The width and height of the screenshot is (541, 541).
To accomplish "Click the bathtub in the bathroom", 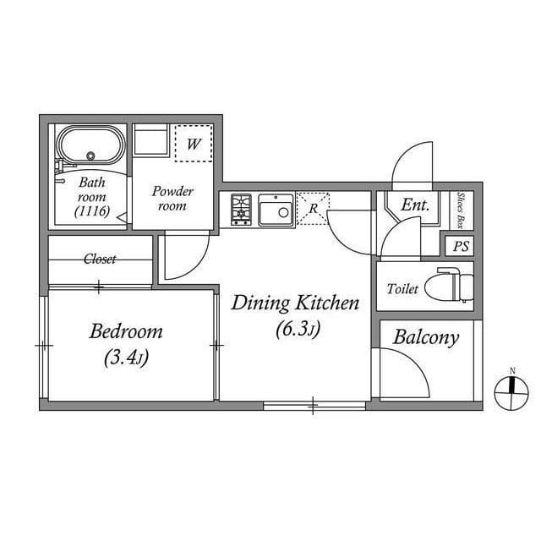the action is (x=90, y=145).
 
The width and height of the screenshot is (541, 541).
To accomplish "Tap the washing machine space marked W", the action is (x=194, y=143).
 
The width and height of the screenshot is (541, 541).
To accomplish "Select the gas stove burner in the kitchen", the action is (x=241, y=210).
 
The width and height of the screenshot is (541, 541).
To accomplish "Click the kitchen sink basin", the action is (x=276, y=210).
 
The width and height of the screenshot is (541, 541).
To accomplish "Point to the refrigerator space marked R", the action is (x=313, y=209).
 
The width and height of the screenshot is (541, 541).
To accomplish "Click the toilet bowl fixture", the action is (x=449, y=286).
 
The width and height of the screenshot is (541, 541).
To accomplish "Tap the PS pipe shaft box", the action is (x=460, y=246).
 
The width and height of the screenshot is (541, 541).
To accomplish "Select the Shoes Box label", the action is (x=460, y=210).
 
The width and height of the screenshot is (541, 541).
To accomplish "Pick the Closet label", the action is (x=100, y=259).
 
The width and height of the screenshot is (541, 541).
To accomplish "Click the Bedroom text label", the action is (x=126, y=332).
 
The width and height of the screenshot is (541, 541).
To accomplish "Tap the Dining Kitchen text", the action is (x=295, y=303).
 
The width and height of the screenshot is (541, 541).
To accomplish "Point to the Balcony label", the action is (x=426, y=338).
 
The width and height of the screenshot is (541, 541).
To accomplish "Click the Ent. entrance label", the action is (x=415, y=205).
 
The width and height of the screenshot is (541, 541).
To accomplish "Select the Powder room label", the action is (x=172, y=199).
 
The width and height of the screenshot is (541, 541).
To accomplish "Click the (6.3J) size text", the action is (x=298, y=329).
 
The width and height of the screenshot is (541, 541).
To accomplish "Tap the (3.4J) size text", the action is (x=126, y=358).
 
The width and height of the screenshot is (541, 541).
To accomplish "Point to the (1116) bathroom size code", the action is (x=92, y=210).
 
